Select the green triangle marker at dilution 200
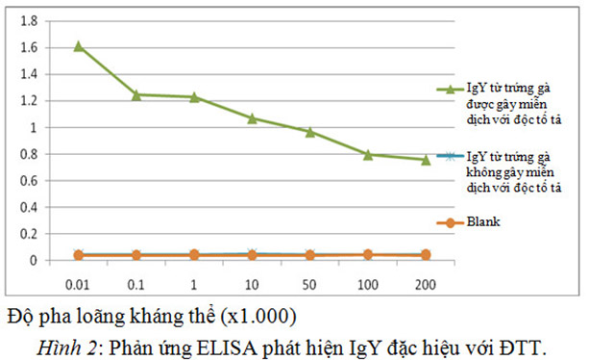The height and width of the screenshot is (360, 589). click(425, 159)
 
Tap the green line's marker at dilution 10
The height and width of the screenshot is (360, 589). click(252, 117)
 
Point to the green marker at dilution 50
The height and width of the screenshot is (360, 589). click(309, 131)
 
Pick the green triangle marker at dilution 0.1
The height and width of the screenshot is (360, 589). click(136, 94)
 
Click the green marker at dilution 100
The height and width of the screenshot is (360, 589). click(367, 154)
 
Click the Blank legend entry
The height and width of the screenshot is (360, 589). click(483, 222)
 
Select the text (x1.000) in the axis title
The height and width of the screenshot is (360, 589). click(258, 316)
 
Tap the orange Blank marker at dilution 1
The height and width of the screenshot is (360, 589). click(194, 255)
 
